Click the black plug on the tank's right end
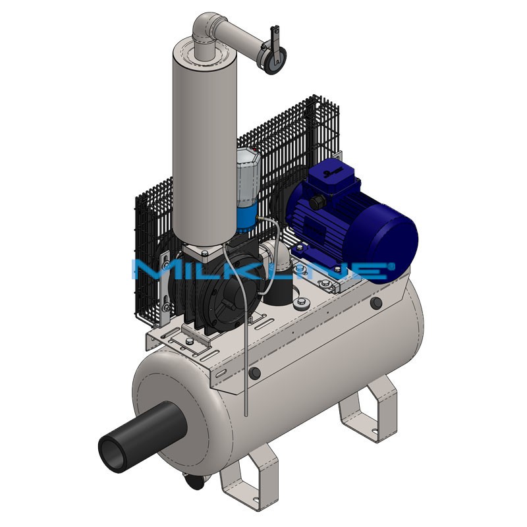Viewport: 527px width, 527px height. pos(376,303)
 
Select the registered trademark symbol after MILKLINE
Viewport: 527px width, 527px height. pos(391,265)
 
